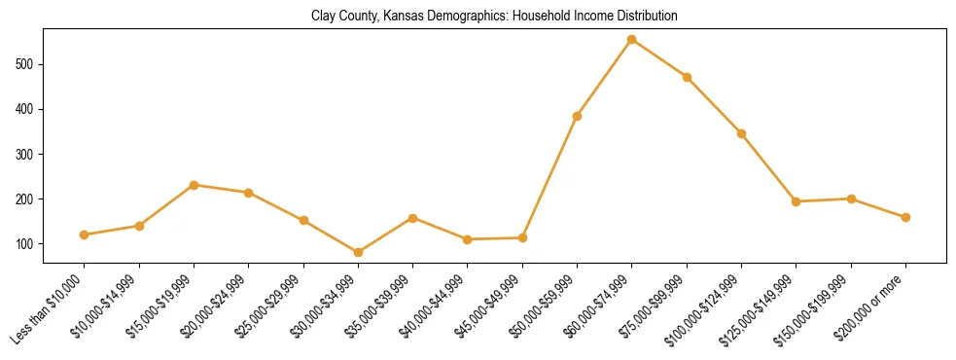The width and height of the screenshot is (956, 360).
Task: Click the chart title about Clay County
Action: tap(494, 17)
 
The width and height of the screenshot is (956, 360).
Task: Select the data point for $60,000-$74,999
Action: tap(632, 40)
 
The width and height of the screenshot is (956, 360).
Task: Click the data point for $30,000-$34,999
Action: tap(358, 252)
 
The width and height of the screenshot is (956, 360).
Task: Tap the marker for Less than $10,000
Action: tap(85, 234)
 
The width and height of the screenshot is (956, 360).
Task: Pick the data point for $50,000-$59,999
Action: tap(578, 116)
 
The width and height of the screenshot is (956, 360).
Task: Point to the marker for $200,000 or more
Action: tap(905, 217)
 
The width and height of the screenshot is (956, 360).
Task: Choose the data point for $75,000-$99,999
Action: tap(687, 77)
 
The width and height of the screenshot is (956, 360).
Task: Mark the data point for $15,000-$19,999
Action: tap(194, 185)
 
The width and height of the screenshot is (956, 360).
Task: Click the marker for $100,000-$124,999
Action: tap(741, 133)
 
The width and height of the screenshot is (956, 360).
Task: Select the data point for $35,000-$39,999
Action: tap(413, 218)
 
